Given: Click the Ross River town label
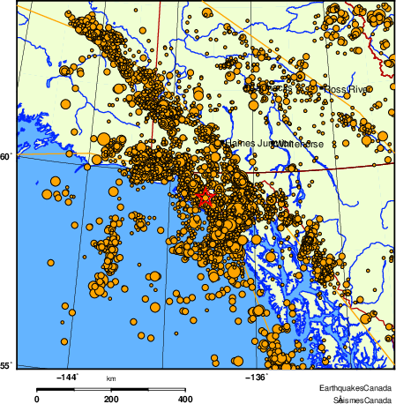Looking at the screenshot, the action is (x=347, y=90).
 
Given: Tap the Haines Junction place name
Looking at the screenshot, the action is (x=248, y=143).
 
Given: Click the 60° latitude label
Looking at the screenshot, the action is (x=6, y=157).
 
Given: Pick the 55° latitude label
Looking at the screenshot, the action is (x=6, y=365).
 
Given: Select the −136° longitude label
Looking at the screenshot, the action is (x=257, y=378).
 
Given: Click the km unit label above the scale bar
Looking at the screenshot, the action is (x=111, y=378).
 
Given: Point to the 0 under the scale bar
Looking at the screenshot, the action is (x=36, y=399).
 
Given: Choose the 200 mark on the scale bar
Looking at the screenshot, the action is (x=111, y=399).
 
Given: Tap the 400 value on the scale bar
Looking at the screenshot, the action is (x=186, y=399).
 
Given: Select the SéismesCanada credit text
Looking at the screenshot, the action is (x=357, y=400).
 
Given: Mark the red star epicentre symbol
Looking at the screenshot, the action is (x=205, y=196).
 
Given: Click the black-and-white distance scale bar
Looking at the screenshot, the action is (x=111, y=389).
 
